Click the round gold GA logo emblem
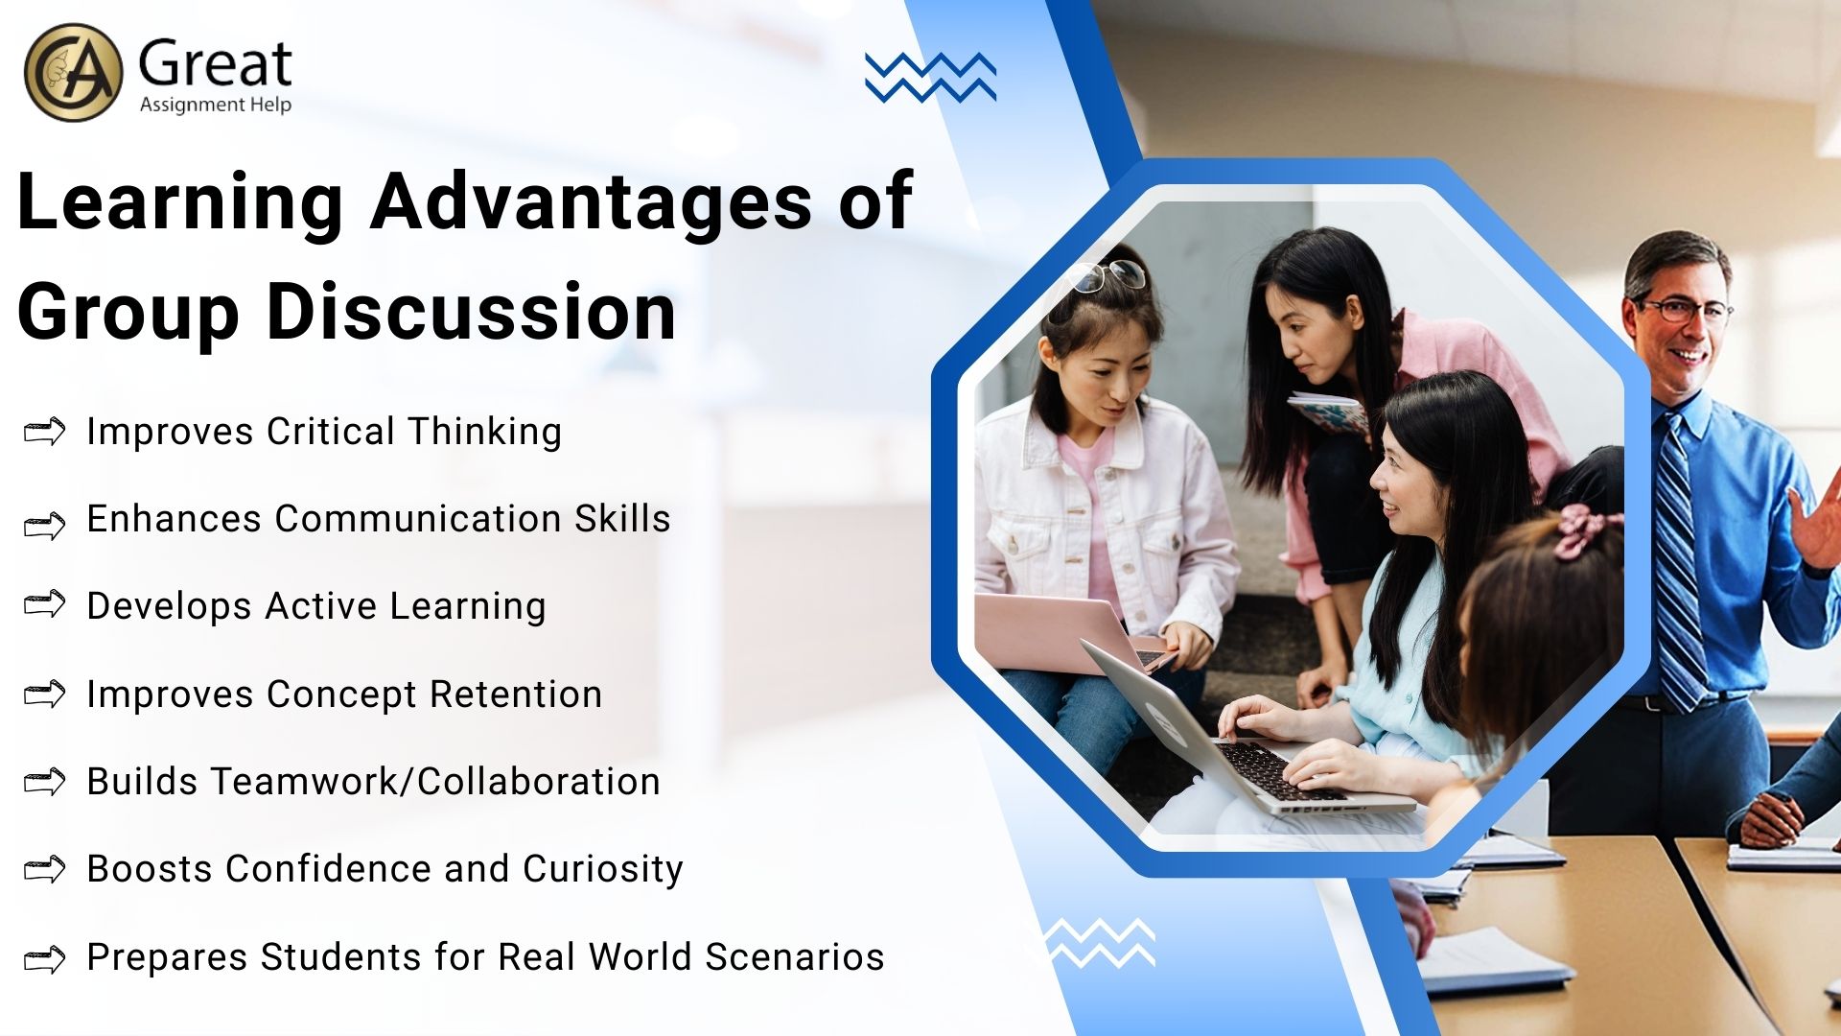[73, 73]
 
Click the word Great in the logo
[215, 65]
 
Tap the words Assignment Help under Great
[216, 105]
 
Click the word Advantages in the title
[592, 202]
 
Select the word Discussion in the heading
[471, 313]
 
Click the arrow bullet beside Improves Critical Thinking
[44, 432]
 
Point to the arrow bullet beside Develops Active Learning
[44, 604]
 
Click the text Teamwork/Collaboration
[435, 782]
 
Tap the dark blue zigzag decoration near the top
[930, 77]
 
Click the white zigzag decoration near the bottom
[1100, 942]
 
